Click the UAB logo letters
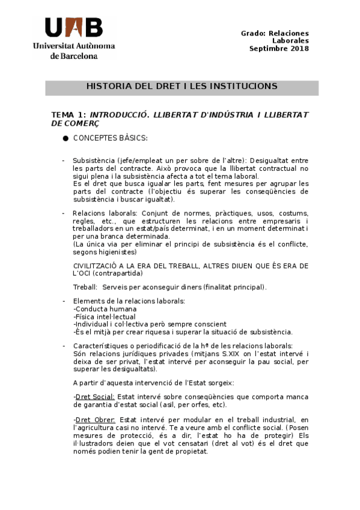tap(73, 28)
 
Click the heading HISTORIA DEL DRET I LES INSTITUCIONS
tap(182, 87)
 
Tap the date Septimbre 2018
tap(279, 49)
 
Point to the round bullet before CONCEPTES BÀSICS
tap(64, 139)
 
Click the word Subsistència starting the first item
tap(94, 161)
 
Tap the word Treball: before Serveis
tap(85, 287)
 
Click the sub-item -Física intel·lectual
tap(104, 316)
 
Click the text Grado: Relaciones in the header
tap(275, 34)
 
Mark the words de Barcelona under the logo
tap(74, 55)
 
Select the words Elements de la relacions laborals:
tap(129, 301)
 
